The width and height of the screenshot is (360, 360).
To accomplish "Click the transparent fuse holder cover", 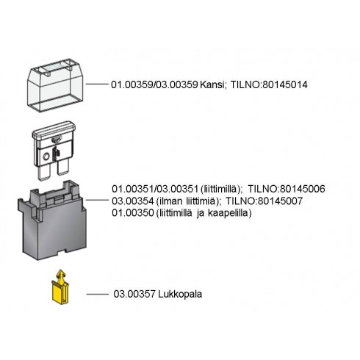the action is pos(55,85).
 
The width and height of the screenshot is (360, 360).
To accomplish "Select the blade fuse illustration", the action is pos(54,150).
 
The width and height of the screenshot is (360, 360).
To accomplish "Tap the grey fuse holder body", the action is pos(52,220).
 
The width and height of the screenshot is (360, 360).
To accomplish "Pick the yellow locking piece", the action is pos(60,287).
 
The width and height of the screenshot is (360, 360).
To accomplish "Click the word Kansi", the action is pos(212,84).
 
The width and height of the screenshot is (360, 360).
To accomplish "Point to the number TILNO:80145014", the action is pos(269,84).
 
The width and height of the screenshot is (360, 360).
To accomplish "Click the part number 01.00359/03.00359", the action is pos(154,84).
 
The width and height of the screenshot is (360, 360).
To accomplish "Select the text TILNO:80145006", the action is pos(287,189).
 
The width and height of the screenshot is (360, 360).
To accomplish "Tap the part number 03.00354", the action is pos(133,201).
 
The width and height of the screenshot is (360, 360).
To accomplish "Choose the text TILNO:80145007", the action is pos(264,201).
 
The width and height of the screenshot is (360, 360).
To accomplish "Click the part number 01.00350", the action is pos(133,213).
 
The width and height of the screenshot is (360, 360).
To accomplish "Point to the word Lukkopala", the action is pos(180,294).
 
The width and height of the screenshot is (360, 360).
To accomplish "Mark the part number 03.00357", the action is pos(134,294).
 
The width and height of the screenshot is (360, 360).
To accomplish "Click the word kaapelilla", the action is pos(230,213).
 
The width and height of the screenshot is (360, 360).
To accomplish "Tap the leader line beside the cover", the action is pos(97,84).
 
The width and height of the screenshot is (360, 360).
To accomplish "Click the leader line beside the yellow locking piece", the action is pos(97,294).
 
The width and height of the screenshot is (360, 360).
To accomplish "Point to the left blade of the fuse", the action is pos(43,171).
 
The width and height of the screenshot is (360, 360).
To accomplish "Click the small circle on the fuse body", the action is pos(46,157).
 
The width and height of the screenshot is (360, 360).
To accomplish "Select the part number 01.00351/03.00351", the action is pos(155,189).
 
